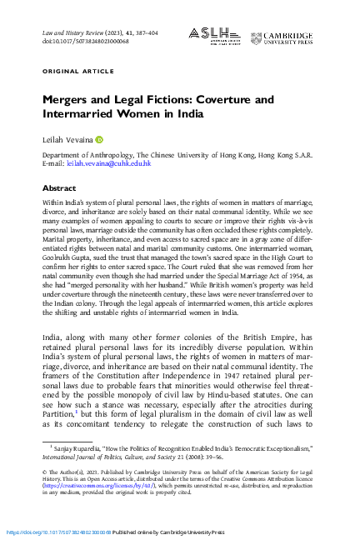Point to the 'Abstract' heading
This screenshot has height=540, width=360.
pos(59,189)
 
